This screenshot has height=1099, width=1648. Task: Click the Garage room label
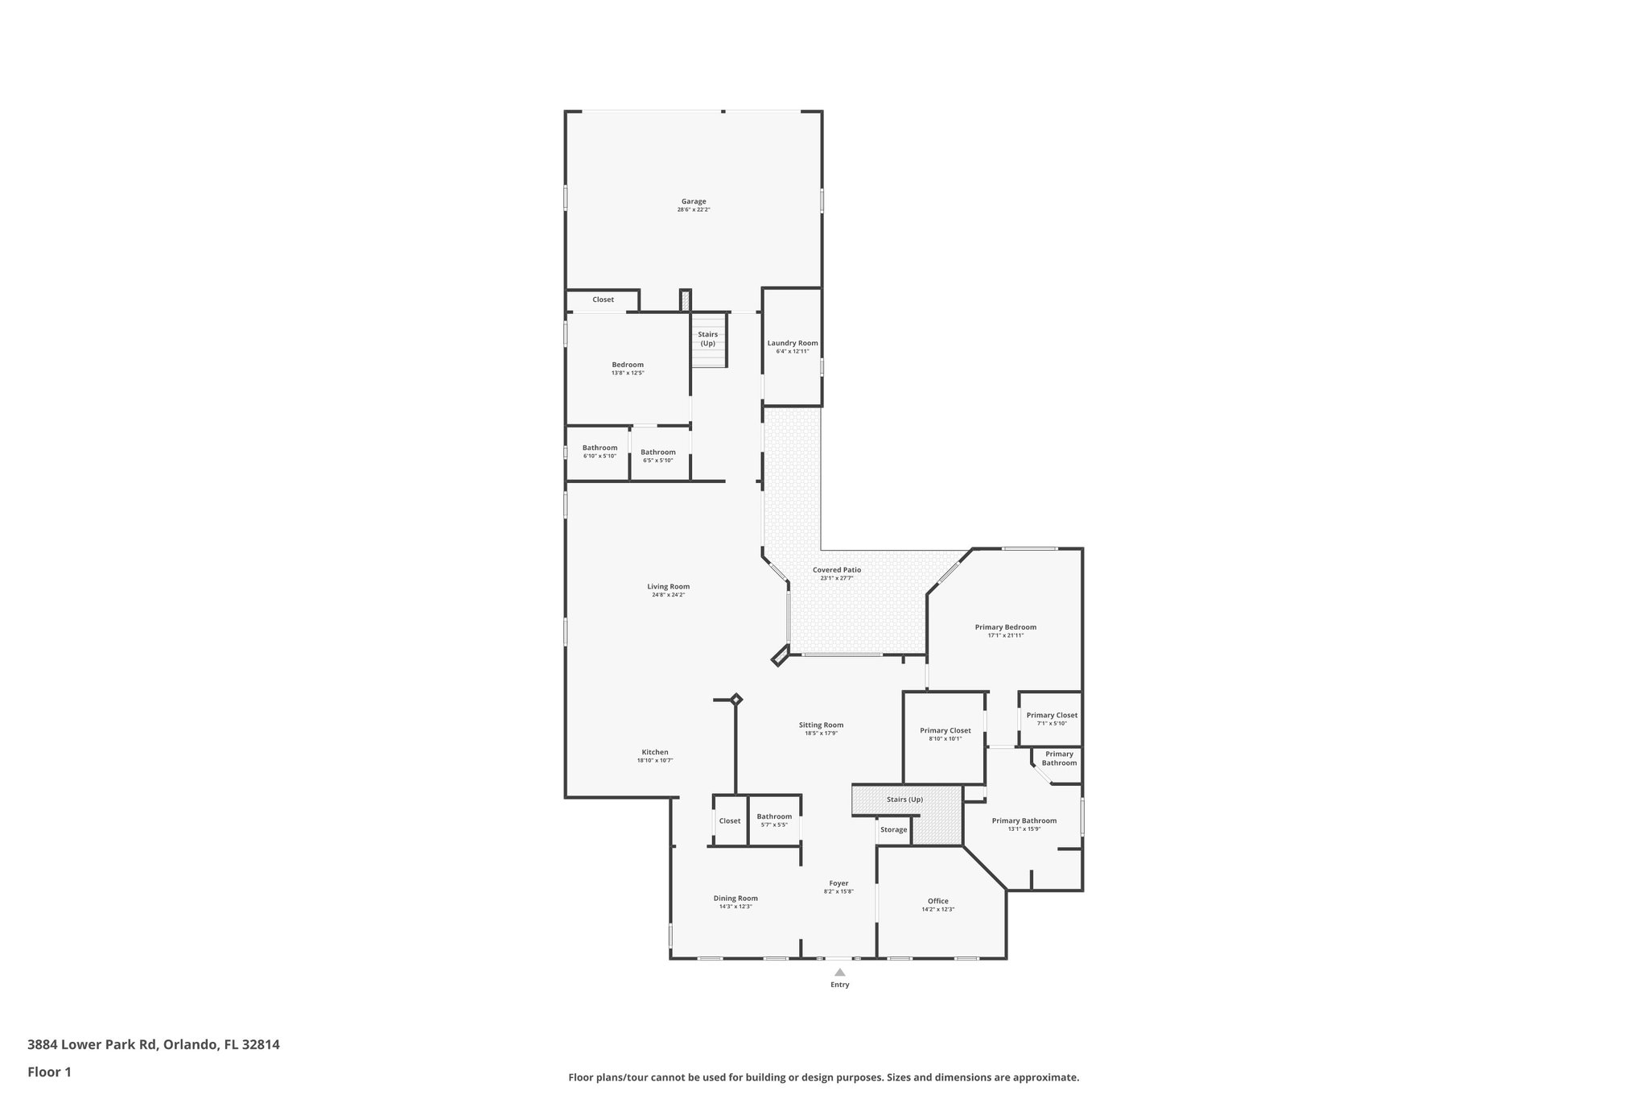pyautogui.click(x=694, y=201)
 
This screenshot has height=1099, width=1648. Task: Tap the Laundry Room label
pyautogui.click(x=792, y=343)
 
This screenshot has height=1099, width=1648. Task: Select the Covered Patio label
pyautogui.click(x=836, y=569)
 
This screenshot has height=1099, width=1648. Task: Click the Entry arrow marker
pyautogui.click(x=839, y=973)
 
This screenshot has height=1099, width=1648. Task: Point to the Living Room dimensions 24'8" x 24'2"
pyautogui.click(x=668, y=595)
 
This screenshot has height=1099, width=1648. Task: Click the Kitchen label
pyautogui.click(x=654, y=752)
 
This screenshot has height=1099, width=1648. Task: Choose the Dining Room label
pyautogui.click(x=735, y=899)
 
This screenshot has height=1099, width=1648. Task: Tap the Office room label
pyautogui.click(x=937, y=901)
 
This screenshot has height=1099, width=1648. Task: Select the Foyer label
pyautogui.click(x=838, y=883)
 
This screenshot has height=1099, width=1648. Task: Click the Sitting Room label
pyautogui.click(x=821, y=725)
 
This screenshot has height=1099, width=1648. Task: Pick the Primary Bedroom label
pyautogui.click(x=1005, y=627)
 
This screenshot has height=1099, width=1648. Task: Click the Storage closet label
pyautogui.click(x=893, y=829)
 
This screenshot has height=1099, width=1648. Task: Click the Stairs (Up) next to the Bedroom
pyautogui.click(x=707, y=338)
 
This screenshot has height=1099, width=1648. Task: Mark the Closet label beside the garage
pyautogui.click(x=603, y=300)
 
